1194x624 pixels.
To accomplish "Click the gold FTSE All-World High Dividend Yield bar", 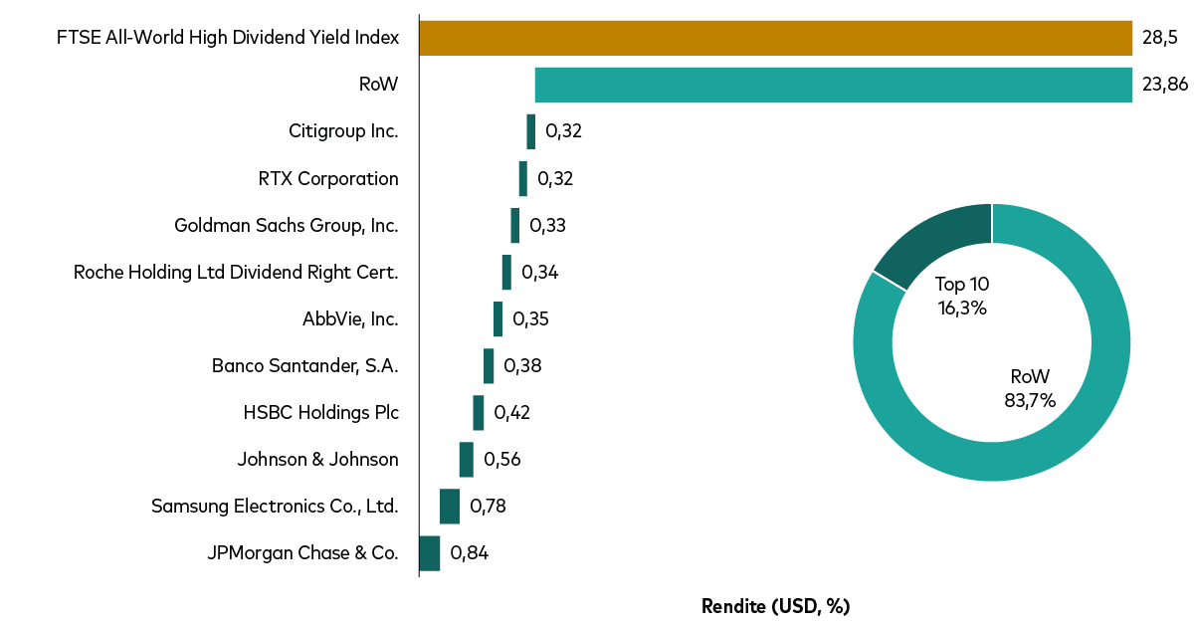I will coord(775,38).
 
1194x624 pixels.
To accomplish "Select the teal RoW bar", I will coord(833,85).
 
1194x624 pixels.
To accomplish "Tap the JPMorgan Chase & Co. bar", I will coord(429,553).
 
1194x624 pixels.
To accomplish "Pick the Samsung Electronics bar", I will coord(450,507).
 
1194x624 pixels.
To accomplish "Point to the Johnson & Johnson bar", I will coord(467,460).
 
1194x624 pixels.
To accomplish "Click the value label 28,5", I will coord(1159,38).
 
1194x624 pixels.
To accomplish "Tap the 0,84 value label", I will coord(470,553).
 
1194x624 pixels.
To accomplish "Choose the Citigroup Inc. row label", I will coord(343,131).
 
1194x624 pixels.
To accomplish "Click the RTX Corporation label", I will coord(328,179).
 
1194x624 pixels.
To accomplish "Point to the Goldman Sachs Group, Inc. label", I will coord(287,225).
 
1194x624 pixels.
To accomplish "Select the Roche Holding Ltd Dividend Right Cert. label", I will coord(236,272).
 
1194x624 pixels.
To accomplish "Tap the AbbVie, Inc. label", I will coord(350,319).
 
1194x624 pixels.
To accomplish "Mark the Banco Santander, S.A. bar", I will coord(489,366).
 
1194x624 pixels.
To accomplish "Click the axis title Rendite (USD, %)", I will coord(776,606).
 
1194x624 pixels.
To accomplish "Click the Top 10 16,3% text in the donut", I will coord(962,296).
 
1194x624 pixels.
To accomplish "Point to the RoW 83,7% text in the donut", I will coord(1030,388).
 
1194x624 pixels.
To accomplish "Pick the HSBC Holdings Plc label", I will coord(320,413).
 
